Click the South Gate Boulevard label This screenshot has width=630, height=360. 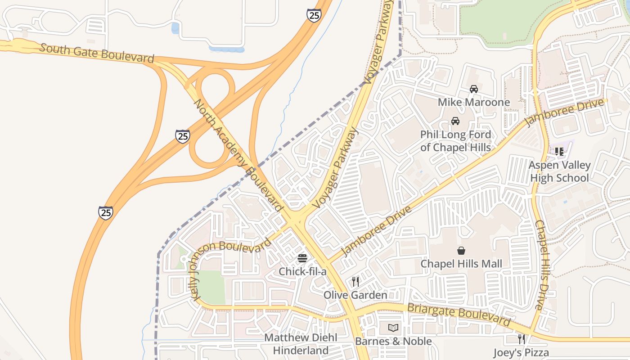pos(97,53)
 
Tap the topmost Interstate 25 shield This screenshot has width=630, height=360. pos(314,16)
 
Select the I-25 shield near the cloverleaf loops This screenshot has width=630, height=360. pos(182,136)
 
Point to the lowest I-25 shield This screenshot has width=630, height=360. pos(106,212)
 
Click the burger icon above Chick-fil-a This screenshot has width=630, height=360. pos(302,258)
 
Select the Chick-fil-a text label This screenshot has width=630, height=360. pos(302,271)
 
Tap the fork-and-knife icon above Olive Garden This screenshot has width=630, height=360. pos(355,282)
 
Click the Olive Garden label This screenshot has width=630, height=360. pos(355,295)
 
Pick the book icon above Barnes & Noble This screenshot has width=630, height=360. pos(393,328)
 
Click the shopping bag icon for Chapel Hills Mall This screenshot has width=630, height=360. pos(461,250)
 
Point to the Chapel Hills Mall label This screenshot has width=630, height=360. pos(461,264)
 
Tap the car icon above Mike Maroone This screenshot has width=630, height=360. pos(474,89)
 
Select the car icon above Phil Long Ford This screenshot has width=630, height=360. pos(455,121)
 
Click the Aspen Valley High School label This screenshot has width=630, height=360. pos(559,171)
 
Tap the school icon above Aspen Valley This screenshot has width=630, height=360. pos(559,152)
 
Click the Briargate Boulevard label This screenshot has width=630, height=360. pos(459,315)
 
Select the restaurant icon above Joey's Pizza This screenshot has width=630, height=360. pos(521,339)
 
